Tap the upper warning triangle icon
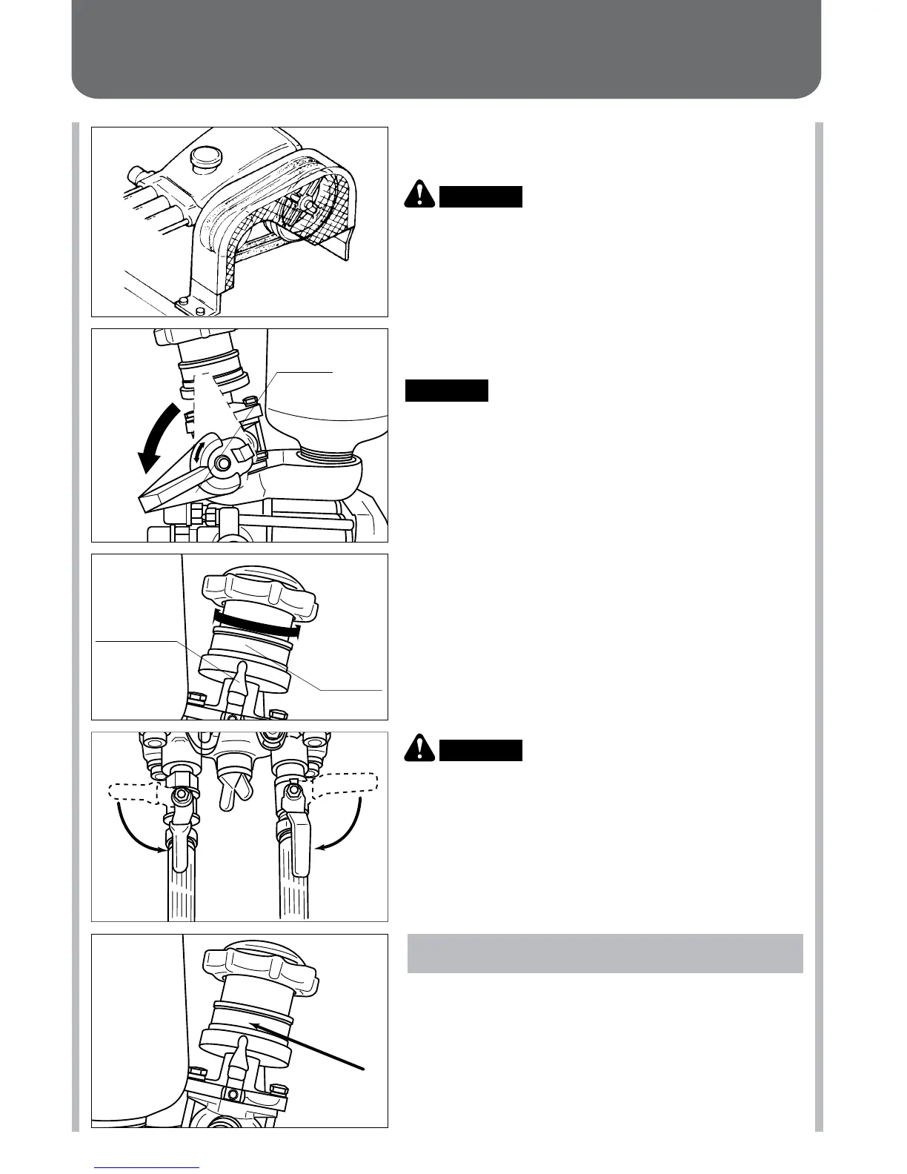[420, 195]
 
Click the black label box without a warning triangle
[447, 391]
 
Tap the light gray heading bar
[605, 953]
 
